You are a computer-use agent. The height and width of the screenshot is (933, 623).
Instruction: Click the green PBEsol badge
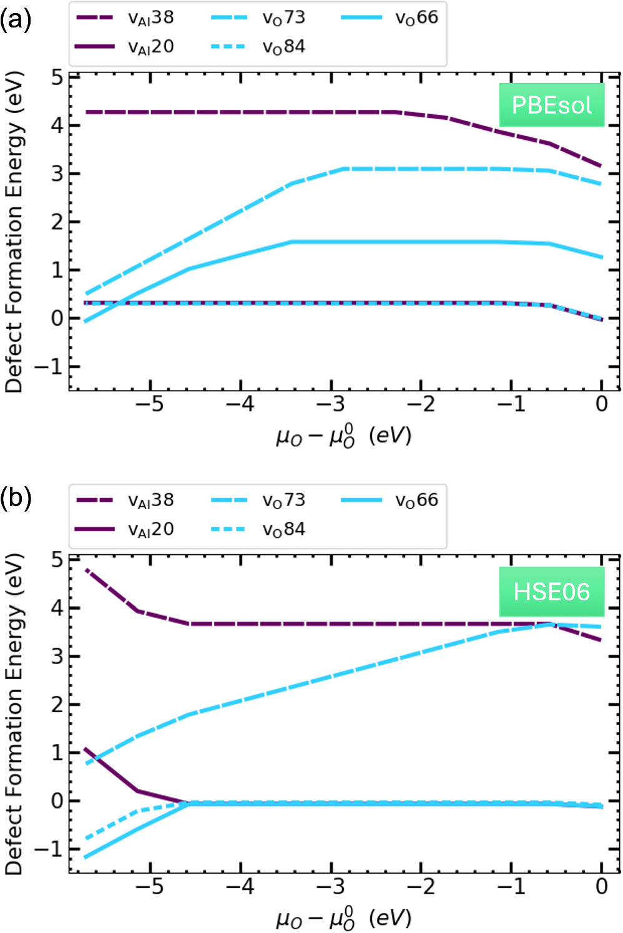(x=551, y=105)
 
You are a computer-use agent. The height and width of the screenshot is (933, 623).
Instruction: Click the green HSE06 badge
(x=551, y=591)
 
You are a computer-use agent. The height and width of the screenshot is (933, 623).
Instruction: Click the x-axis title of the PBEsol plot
(x=344, y=436)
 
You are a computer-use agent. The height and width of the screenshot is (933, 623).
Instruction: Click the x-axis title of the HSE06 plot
(x=344, y=918)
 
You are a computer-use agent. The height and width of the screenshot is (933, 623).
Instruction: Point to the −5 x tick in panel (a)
(x=149, y=404)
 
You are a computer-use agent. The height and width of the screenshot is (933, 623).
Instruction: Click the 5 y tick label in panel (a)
(x=57, y=78)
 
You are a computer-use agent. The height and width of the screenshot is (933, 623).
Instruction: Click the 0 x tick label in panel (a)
(x=601, y=404)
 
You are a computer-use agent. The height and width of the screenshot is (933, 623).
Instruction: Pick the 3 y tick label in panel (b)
(x=57, y=657)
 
